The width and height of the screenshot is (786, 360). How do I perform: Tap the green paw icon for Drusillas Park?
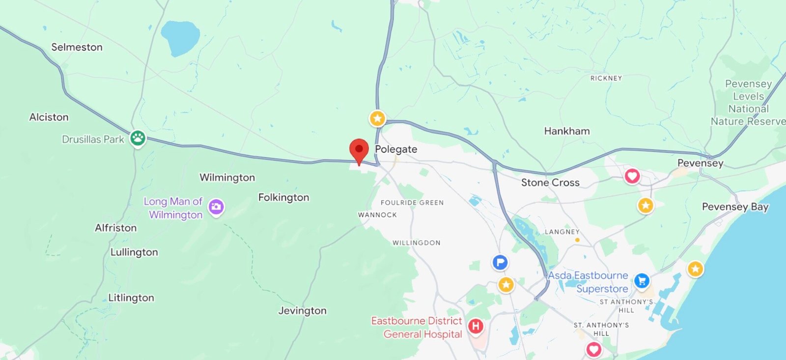pyautogui.click(x=138, y=138)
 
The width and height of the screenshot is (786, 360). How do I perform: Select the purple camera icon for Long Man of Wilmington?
pyautogui.click(x=216, y=207)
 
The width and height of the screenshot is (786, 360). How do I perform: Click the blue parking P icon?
pyautogui.click(x=500, y=262)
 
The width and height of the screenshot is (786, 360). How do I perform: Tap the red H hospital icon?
pyautogui.click(x=475, y=326)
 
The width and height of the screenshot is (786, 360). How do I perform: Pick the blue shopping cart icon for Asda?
pyautogui.click(x=642, y=281)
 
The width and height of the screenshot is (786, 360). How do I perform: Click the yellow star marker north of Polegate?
pyautogui.click(x=377, y=118)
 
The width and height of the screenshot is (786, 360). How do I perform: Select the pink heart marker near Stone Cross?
pyautogui.click(x=632, y=176)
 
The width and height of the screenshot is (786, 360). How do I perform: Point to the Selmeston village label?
pyautogui.click(x=77, y=47)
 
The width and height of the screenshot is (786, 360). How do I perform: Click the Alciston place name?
pyautogui.click(x=49, y=117)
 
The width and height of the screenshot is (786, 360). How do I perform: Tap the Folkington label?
pyautogui.click(x=283, y=197)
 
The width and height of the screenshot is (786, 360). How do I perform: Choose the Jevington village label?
pyautogui.click(x=302, y=310)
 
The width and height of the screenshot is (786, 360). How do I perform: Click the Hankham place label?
pyautogui.click(x=566, y=131)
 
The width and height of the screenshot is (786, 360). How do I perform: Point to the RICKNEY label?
pyautogui.click(x=606, y=78)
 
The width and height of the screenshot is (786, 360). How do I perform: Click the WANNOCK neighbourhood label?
pyautogui.click(x=377, y=215)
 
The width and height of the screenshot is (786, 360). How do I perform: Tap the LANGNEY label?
pyautogui.click(x=561, y=232)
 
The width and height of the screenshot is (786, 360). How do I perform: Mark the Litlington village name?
pyautogui.click(x=131, y=298)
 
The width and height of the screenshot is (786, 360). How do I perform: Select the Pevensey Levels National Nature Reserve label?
pyautogui.click(x=747, y=103)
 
